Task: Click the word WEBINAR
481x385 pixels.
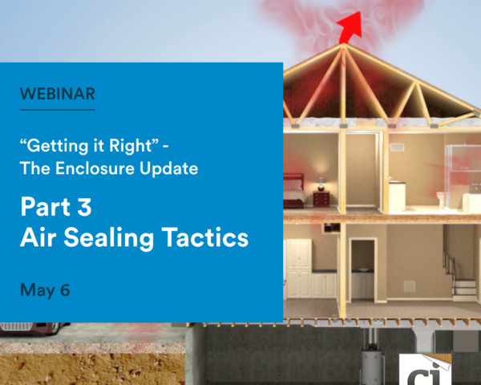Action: pyautogui.click(x=58, y=94)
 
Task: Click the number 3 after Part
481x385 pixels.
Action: pyautogui.click(x=84, y=207)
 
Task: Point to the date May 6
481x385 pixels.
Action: pyautogui.click(x=45, y=290)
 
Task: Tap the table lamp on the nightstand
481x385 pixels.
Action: pyautogui.click(x=321, y=184)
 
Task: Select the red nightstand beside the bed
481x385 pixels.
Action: pyautogui.click(x=321, y=199)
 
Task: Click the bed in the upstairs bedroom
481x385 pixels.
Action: pyautogui.click(x=294, y=191)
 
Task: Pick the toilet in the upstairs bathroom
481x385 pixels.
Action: pyautogui.click(x=440, y=200)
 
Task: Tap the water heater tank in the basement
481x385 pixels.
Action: pyautogui.click(x=372, y=367)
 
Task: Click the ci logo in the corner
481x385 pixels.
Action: pyautogui.click(x=425, y=370)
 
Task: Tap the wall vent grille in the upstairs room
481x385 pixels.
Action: pyautogui.click(x=397, y=148)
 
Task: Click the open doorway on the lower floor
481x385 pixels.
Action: pyautogui.click(x=363, y=269)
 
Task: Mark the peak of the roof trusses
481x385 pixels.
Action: pyautogui.click(x=344, y=45)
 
